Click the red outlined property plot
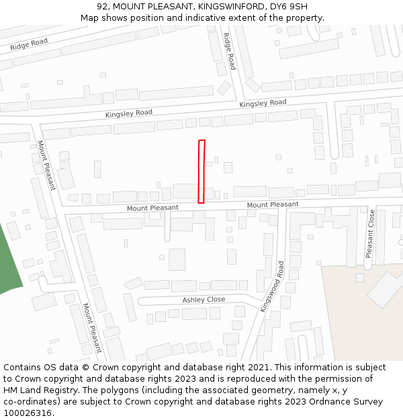click(x=201, y=171)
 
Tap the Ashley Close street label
click(x=204, y=300)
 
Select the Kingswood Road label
click(x=271, y=286)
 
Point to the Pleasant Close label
click(x=370, y=234)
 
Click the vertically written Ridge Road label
click(x=230, y=52)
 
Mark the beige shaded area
click(x=356, y=316)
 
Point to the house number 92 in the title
click(x=111, y=7)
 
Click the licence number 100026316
click(x=26, y=413)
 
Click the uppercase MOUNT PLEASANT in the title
click(x=150, y=7)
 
